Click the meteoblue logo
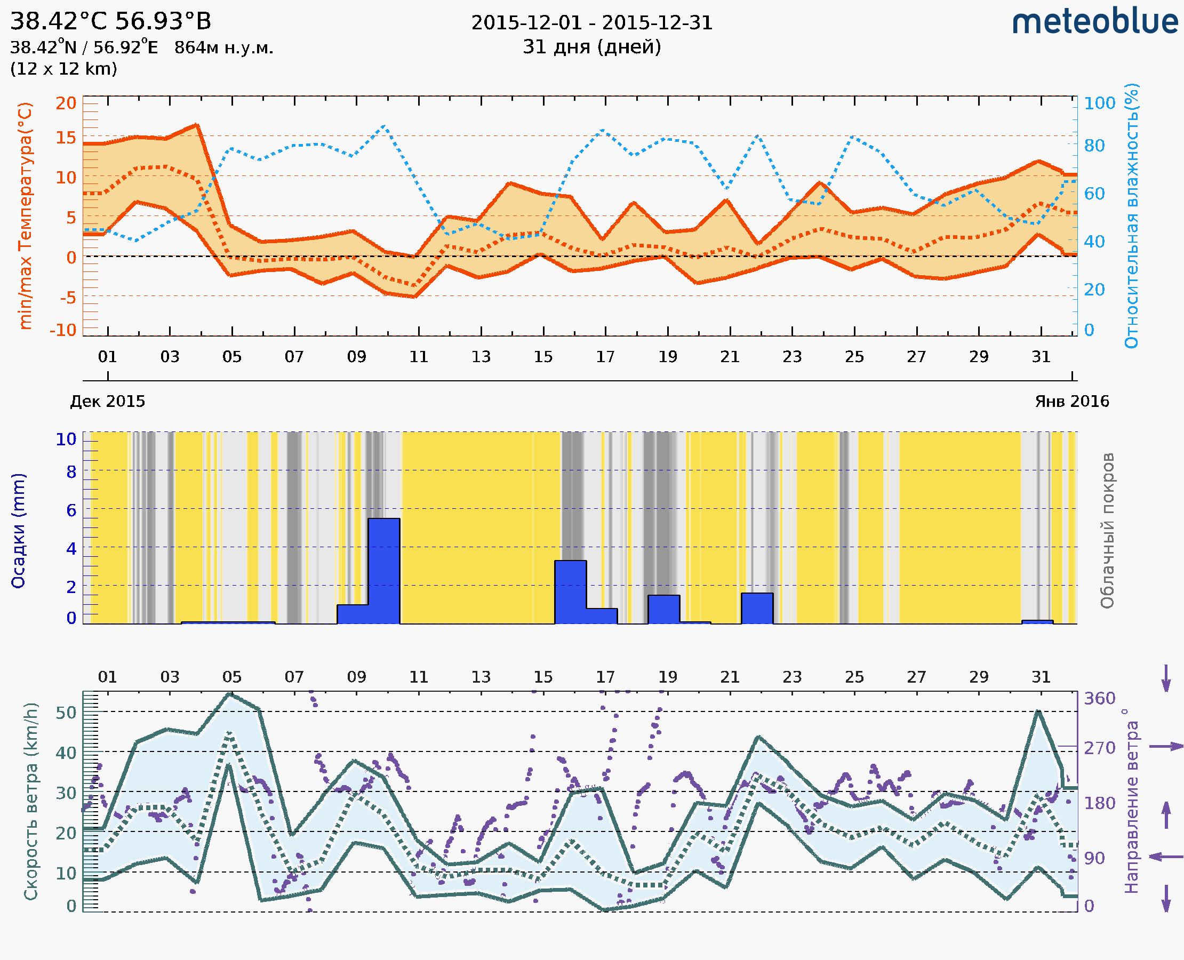pos(1095,22)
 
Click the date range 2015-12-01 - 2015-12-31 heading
pos(591,23)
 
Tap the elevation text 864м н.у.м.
pos(224,48)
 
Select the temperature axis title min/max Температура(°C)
pos(26,215)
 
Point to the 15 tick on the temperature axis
pos(66,138)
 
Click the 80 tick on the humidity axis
pos(1094,146)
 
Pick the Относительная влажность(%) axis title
pos(1131,215)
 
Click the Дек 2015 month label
pos(107,401)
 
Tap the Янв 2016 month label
pos(1072,401)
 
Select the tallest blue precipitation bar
pos(384,571)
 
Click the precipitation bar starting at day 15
pos(570,591)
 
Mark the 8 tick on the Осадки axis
pos(71,471)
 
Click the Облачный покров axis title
pos(1107,531)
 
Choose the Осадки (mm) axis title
pos(18,531)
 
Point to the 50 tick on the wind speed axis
pos(66,713)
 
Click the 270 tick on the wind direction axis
pos(1099,748)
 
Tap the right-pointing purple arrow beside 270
pos(1166,747)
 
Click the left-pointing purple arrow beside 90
pos(1166,857)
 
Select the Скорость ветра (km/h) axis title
pos(31,801)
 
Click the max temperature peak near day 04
pos(197,125)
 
